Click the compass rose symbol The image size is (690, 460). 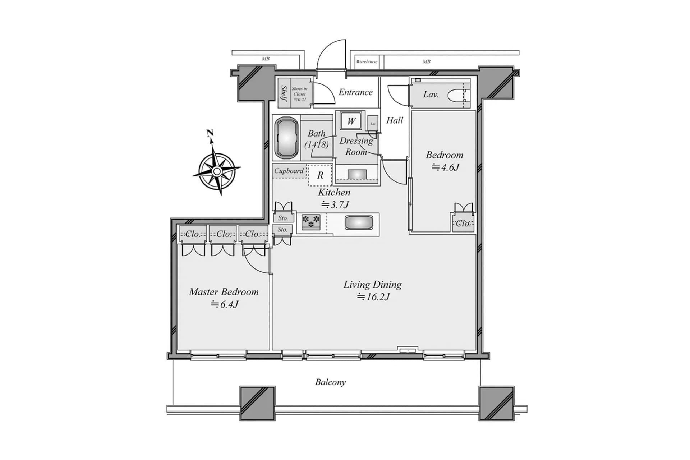pyautogui.click(x=217, y=171)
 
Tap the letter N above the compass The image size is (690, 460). pyautogui.click(x=210, y=133)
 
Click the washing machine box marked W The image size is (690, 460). pyautogui.click(x=351, y=121)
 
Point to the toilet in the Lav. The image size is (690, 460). pyautogui.click(x=456, y=95)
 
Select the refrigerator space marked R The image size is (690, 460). pyautogui.click(x=320, y=175)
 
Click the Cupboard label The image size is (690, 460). pyautogui.click(x=289, y=171)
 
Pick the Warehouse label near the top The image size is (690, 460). pyautogui.click(x=367, y=61)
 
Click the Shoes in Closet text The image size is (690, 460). pyautogui.click(x=299, y=93)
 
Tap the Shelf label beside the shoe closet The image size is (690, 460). pyautogui.click(x=284, y=93)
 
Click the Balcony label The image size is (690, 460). pyautogui.click(x=330, y=382)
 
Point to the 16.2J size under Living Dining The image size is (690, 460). pyautogui.click(x=373, y=297)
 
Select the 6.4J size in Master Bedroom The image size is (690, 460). pyautogui.click(x=225, y=304)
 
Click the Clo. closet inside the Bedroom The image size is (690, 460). pyautogui.click(x=463, y=224)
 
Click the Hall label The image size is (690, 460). pyautogui.click(x=394, y=120)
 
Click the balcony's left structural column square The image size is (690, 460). pyautogui.click(x=257, y=403)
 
